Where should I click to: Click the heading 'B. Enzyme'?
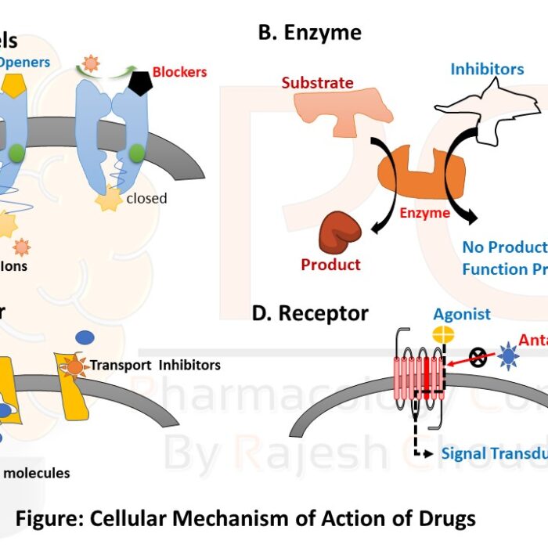pos(310,33)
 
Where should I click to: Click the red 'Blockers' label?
pos(179,72)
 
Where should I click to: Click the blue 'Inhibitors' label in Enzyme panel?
pos(487,69)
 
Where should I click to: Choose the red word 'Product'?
pos(330,265)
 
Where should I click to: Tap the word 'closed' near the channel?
pos(146,198)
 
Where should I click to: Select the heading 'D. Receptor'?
pos(310,314)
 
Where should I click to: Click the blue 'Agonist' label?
pos(462,314)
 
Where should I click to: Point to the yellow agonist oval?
pos(444,334)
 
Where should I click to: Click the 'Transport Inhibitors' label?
pos(155,365)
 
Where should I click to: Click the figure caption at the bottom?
pos(246,518)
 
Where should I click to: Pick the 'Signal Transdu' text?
pos(493,454)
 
